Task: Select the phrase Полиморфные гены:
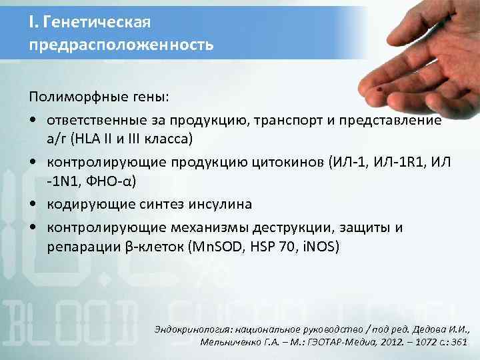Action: (x=99, y=98)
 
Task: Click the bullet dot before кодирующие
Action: (x=32, y=203)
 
